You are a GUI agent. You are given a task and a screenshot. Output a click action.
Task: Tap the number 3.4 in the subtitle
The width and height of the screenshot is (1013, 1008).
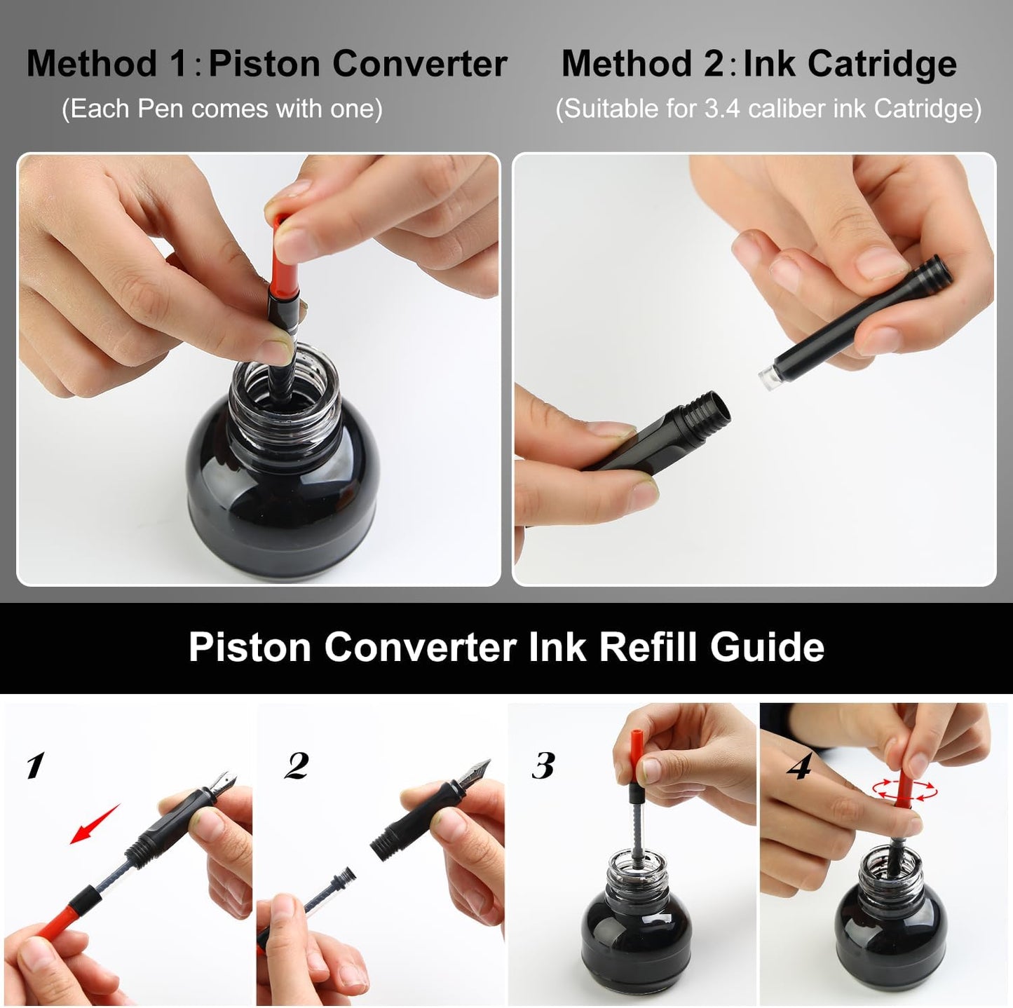pyautogui.click(x=721, y=109)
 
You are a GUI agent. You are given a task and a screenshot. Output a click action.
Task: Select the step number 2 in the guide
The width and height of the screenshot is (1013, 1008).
pyautogui.click(x=297, y=765)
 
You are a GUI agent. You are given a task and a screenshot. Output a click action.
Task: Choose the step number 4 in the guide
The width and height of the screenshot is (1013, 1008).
pyautogui.click(x=798, y=767)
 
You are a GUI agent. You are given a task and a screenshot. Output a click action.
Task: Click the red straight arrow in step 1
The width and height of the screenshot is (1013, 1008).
pyautogui.click(x=95, y=824)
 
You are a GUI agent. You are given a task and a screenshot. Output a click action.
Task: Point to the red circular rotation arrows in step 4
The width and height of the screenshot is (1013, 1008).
pyautogui.click(x=904, y=790)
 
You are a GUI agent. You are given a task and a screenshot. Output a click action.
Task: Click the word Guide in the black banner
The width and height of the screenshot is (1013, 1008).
pyautogui.click(x=767, y=646)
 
